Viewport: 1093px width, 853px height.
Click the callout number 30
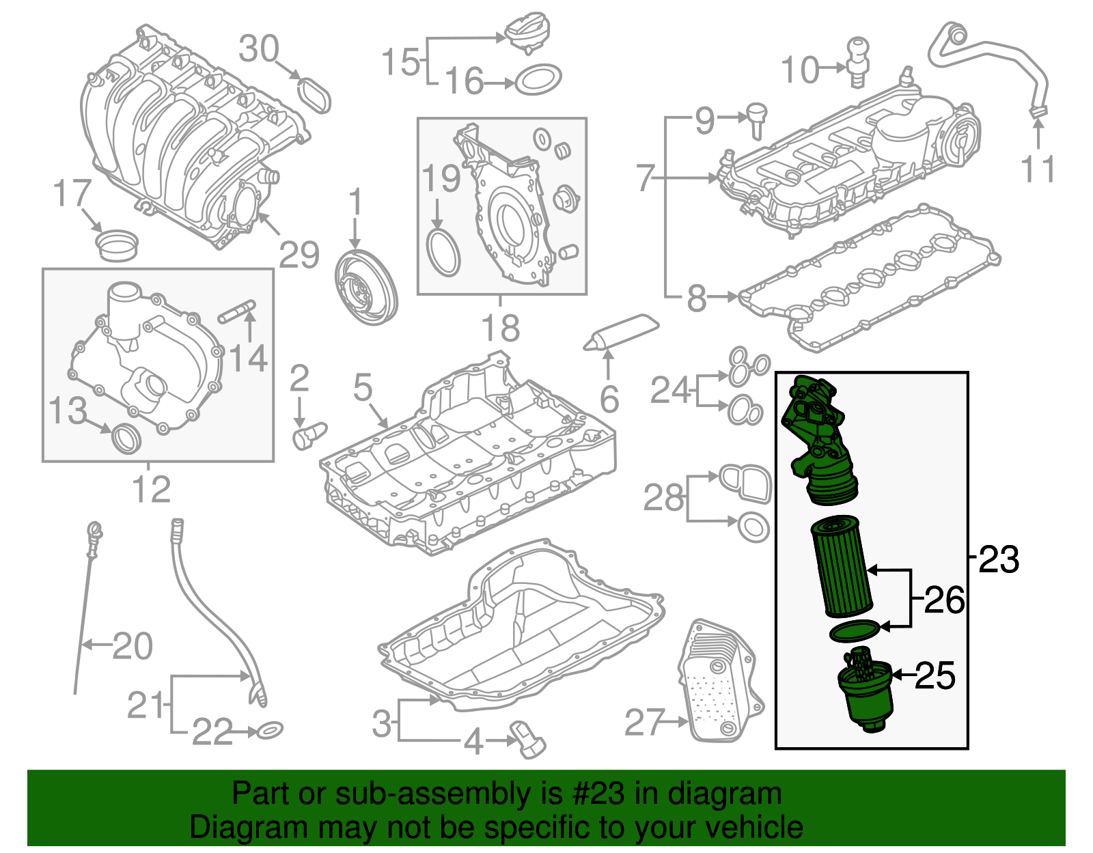[x=259, y=49]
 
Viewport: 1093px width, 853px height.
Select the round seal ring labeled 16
[x=538, y=81]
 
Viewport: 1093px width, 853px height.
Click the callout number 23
[x=999, y=559]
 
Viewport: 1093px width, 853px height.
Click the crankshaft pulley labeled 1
[x=366, y=287]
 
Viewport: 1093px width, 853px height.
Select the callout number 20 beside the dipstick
[x=133, y=645]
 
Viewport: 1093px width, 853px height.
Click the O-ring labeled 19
[x=443, y=253]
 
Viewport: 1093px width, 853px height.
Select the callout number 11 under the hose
[x=1038, y=169]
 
